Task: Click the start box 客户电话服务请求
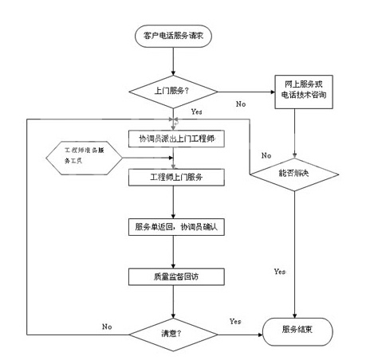click(173, 36)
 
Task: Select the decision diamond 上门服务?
click(173, 92)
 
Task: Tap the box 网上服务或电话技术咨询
click(304, 92)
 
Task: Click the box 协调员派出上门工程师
click(176, 139)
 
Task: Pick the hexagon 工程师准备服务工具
click(84, 158)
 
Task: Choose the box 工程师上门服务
click(176, 177)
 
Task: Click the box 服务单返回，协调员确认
click(176, 227)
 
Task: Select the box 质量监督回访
click(176, 277)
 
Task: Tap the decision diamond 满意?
click(173, 335)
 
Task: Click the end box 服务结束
click(297, 331)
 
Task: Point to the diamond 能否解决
click(294, 174)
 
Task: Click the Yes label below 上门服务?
click(197, 112)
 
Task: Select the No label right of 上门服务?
click(241, 104)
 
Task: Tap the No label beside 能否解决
click(266, 155)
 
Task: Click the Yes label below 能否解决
click(280, 272)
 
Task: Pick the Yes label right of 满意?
click(235, 322)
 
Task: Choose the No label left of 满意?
click(107, 327)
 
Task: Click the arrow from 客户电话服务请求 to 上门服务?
click(173, 61)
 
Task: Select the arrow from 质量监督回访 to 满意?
click(173, 302)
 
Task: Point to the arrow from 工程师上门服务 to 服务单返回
click(173, 202)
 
